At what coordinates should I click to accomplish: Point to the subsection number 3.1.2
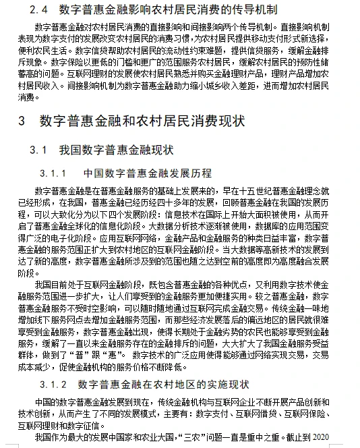click(57, 385)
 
